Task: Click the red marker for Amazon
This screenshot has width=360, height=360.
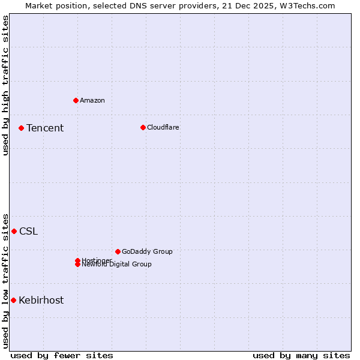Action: point(76,100)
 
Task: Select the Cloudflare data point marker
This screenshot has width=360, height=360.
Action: point(143,127)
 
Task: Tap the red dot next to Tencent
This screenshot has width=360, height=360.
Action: point(21,128)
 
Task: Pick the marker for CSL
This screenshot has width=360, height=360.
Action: point(14,231)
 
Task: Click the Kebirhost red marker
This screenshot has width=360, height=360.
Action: point(13,300)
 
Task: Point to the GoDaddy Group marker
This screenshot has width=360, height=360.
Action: point(118,251)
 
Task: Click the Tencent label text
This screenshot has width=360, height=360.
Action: point(45,128)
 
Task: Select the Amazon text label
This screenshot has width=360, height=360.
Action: point(92,100)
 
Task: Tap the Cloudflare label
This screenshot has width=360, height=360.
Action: point(163,127)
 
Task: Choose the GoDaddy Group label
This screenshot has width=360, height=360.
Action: point(147,251)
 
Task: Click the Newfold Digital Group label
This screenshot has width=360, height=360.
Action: point(117,265)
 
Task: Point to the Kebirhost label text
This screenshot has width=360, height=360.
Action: point(41,300)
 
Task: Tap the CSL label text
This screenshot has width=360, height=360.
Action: point(29,231)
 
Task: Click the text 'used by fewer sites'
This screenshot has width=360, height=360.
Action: point(62,355)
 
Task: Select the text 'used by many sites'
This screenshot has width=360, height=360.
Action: point(301,355)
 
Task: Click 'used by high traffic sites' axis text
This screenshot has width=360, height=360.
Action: point(5,85)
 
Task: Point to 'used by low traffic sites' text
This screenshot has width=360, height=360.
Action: point(5,280)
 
